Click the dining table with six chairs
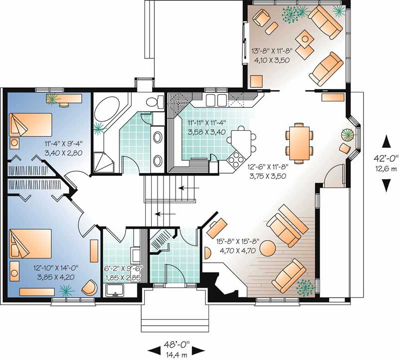tap(299, 143)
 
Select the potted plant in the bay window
tap(347, 135)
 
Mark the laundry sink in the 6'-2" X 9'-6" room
tap(116, 290)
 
